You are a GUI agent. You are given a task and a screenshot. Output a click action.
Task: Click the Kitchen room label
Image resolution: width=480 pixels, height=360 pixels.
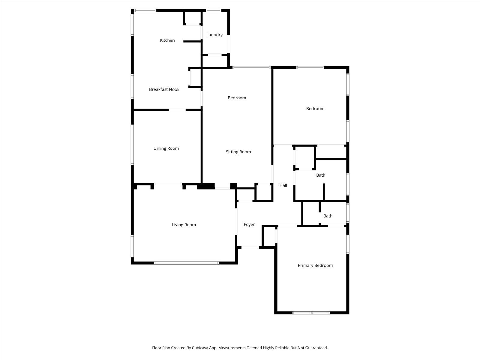point(167,40)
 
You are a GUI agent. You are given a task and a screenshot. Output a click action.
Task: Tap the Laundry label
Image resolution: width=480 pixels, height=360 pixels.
point(214,35)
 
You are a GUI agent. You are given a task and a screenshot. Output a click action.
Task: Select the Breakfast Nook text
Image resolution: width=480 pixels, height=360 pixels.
point(164,89)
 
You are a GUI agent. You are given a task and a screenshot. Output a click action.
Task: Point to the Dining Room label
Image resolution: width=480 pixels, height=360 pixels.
point(166,148)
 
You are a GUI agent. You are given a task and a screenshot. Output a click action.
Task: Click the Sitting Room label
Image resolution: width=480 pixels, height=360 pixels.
point(238,152)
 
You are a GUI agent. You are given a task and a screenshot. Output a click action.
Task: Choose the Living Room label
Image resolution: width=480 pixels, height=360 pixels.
point(184,225)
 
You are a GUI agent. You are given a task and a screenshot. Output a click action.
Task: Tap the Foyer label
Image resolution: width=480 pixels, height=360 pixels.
point(249,224)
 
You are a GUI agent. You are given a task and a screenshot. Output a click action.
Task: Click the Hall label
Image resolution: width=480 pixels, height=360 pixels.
point(283,185)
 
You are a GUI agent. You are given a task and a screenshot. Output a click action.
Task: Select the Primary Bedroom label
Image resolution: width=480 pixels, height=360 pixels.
point(315,265)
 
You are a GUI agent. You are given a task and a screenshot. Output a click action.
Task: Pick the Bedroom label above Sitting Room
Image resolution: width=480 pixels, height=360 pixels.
point(237,98)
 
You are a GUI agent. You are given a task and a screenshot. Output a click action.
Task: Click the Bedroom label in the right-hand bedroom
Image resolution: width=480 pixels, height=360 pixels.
point(315,109)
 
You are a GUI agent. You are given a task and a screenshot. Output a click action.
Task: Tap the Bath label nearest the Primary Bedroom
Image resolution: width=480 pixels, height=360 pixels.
point(328,216)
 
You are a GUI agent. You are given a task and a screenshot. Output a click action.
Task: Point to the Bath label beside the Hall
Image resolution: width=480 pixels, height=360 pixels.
point(320,175)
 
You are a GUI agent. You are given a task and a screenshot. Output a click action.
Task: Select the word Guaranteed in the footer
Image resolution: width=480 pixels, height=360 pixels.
point(316,348)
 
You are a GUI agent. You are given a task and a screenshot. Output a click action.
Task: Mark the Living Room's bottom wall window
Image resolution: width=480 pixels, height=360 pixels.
point(186,263)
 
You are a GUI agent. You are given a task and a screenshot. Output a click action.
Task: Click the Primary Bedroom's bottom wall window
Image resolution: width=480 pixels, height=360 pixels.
point(311,313)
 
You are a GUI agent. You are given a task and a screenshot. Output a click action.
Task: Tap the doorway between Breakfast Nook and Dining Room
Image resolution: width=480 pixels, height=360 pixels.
point(177,110)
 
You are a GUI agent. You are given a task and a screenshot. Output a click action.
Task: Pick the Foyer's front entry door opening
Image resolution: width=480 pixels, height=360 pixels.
point(250,248)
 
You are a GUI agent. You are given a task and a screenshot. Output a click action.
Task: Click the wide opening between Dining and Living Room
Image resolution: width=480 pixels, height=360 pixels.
point(168,184)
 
